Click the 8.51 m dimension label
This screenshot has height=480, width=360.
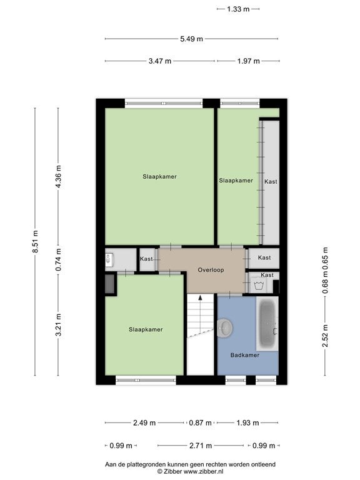[36, 241]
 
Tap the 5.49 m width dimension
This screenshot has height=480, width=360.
[192, 39]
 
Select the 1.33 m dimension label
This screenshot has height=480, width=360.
[238, 9]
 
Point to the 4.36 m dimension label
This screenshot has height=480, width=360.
[59, 177]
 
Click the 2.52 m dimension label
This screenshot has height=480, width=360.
[325, 336]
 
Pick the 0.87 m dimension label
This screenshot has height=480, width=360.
[200, 422]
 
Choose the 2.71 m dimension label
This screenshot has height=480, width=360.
[201, 446]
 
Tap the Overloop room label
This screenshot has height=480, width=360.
[211, 270]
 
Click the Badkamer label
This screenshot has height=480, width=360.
[245, 355]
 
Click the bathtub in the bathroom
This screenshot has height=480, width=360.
[267, 324]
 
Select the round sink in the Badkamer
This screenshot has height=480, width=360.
[225, 328]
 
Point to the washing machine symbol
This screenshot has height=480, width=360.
[259, 286]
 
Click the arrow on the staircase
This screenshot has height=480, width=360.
[200, 297]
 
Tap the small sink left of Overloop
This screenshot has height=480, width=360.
[109, 259]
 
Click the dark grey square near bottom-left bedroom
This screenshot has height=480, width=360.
[109, 284]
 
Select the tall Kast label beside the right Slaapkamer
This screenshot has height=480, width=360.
[271, 181]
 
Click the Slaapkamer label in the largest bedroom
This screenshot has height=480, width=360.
[159, 177]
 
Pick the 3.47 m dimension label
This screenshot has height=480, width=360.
[160, 61]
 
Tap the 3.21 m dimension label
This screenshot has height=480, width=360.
[59, 325]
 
